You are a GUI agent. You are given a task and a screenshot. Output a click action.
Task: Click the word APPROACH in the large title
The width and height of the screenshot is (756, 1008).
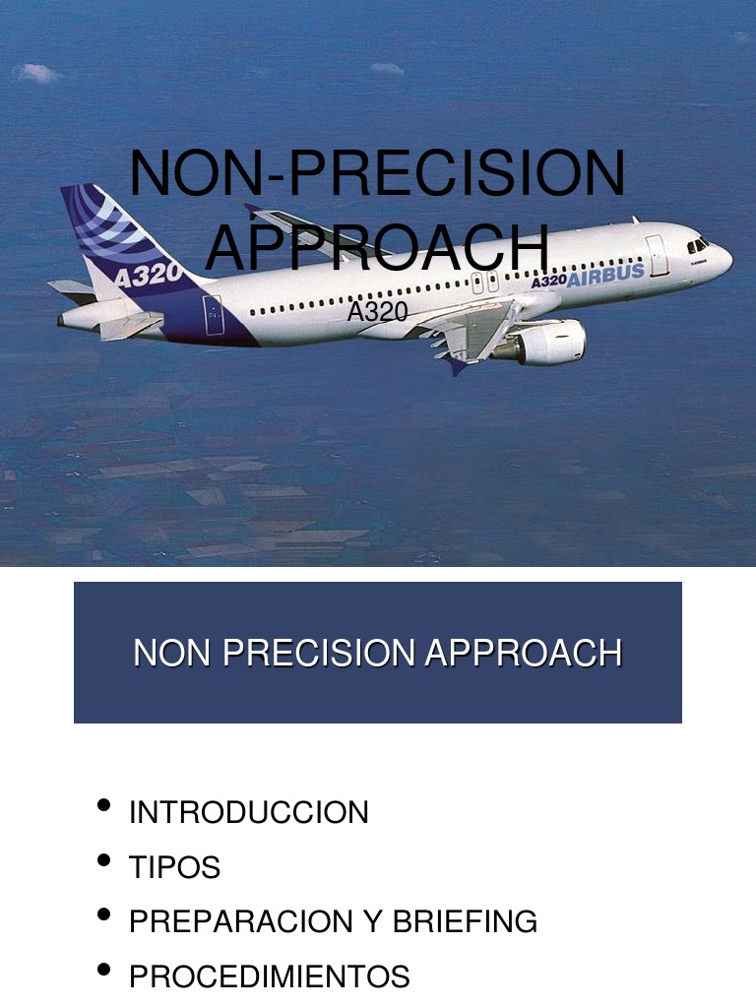click(x=377, y=248)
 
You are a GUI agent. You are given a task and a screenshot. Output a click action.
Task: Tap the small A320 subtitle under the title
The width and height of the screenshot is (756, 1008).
click(x=377, y=312)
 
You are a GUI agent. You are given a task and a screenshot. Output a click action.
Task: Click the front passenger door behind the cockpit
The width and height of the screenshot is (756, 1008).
click(x=657, y=254)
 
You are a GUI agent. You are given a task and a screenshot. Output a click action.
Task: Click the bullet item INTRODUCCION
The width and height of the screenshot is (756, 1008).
click(x=249, y=813)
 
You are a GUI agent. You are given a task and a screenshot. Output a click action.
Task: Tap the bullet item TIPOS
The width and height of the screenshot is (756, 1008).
click(x=175, y=868)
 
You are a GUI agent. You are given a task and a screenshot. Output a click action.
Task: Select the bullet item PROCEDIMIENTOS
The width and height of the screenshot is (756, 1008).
click(x=270, y=977)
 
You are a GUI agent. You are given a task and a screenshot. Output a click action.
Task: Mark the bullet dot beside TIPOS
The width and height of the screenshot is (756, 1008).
click(x=104, y=861)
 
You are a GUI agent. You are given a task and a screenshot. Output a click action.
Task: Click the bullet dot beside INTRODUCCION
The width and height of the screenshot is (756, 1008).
click(x=104, y=806)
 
